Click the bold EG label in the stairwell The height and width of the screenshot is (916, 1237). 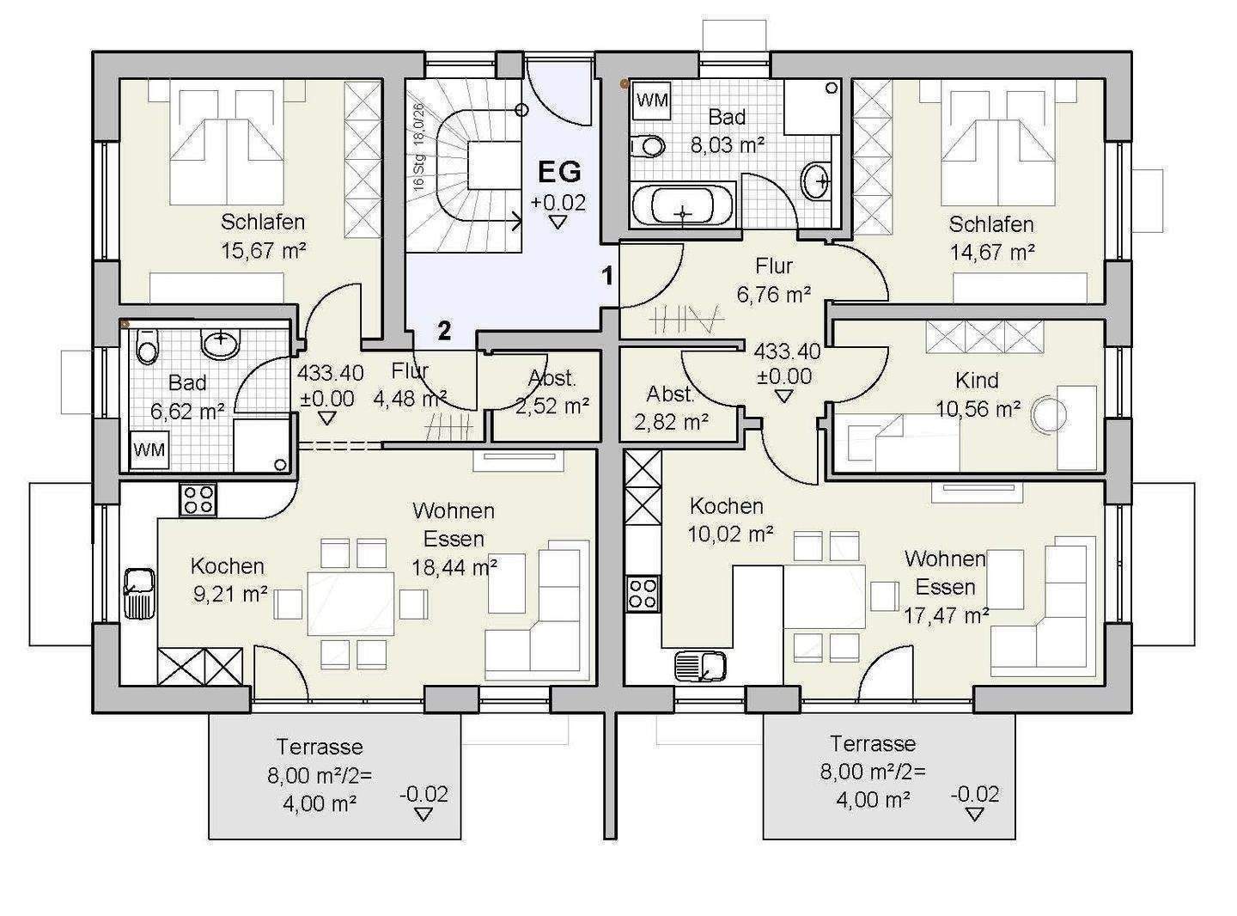click(559, 172)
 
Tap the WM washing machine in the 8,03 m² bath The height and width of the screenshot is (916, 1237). click(653, 101)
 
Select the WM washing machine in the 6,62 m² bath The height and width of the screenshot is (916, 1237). click(149, 449)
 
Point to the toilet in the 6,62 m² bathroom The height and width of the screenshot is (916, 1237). click(148, 346)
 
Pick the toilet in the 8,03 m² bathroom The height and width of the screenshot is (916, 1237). click(648, 147)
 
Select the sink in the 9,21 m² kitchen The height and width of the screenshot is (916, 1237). click(140, 594)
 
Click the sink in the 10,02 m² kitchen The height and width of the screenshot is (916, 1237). click(700, 667)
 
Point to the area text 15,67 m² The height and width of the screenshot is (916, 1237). click(264, 250)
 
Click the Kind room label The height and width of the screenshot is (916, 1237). click(977, 381)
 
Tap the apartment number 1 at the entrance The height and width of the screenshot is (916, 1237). click(608, 276)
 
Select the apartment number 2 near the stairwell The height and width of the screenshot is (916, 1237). click(444, 332)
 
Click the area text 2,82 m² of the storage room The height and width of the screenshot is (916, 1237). click(672, 422)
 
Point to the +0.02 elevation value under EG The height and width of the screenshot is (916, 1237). click(558, 202)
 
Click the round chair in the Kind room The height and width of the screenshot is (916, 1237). click(1049, 415)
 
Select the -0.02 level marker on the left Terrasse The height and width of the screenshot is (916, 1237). click(424, 803)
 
